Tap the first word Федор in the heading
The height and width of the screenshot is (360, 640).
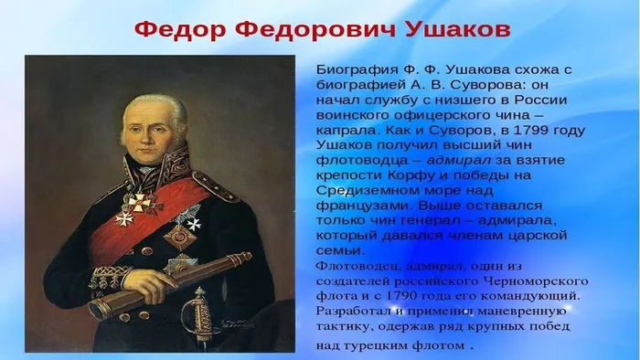tap(176, 28)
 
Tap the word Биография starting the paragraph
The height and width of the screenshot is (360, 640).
tap(353, 69)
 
